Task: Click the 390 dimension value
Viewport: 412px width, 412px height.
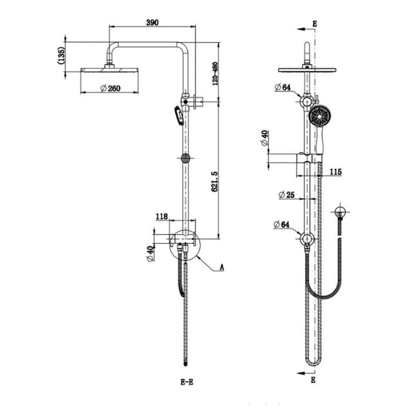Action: [152, 22]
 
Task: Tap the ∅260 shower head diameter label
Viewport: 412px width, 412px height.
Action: [110, 89]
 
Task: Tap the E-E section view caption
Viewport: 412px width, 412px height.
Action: [187, 382]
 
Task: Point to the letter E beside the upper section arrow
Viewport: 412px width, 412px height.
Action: [314, 24]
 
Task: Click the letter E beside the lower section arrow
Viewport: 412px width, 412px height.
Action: [314, 380]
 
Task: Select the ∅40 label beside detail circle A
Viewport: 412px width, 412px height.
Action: [150, 254]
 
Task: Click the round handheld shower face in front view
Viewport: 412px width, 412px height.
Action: [319, 117]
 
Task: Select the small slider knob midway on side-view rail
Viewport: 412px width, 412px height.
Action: [185, 158]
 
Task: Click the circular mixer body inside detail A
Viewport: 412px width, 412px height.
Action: [185, 245]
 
